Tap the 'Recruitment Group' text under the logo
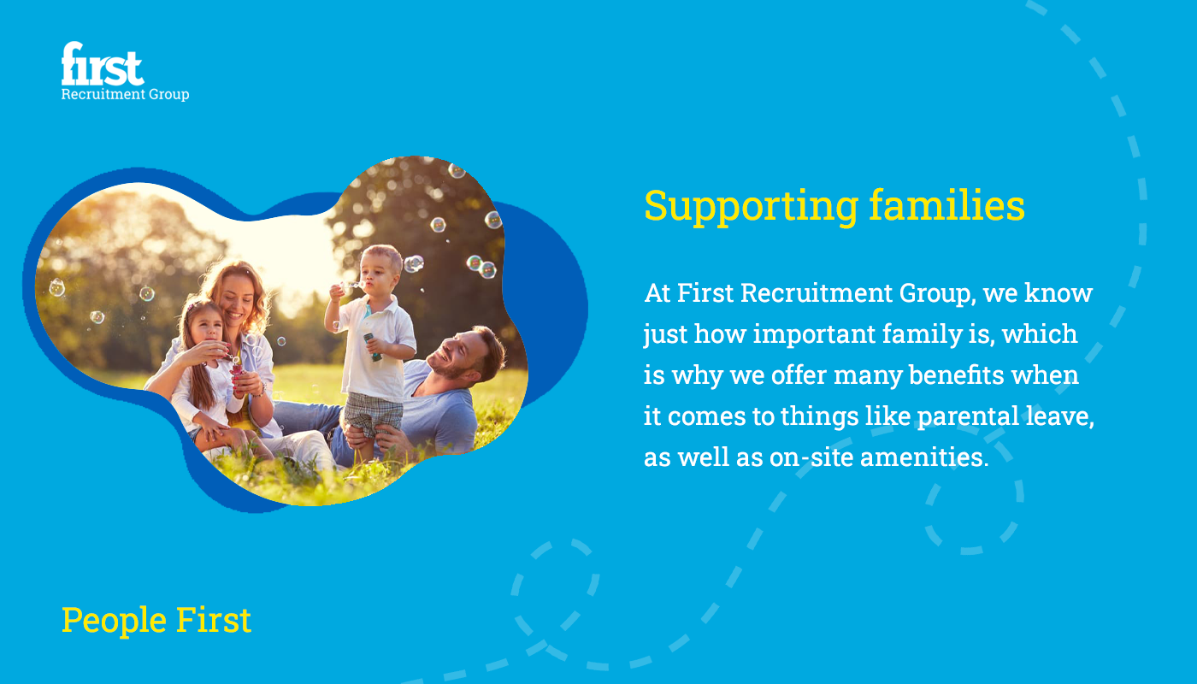[x=125, y=94]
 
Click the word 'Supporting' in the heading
[x=752, y=207]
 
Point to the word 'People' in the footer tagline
[x=114, y=622]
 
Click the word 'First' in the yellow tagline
[x=214, y=620]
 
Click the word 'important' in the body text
[x=814, y=335]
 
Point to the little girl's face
[x=206, y=327]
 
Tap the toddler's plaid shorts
[x=373, y=414]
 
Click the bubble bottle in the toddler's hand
[x=373, y=346]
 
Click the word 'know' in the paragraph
[x=1058, y=293]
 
